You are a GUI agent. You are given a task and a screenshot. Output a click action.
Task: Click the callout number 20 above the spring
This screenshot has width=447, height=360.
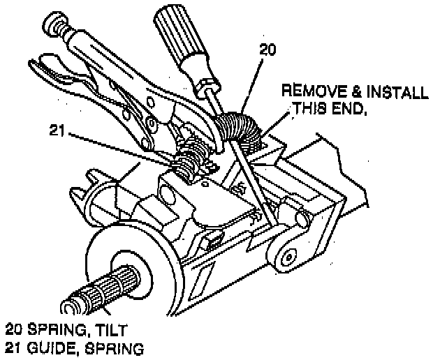[x=268, y=50]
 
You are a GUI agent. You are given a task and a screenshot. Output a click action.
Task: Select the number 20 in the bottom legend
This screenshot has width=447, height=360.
[x=13, y=328]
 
